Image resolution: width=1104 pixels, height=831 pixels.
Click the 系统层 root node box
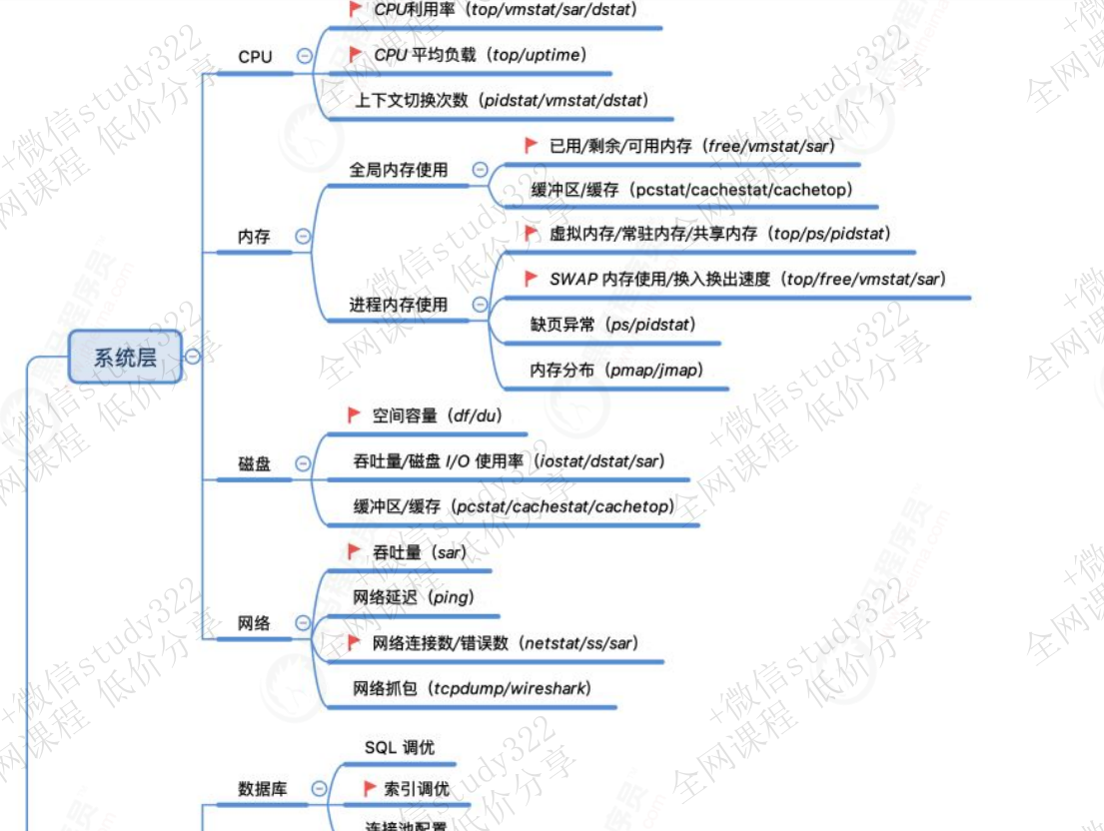[x=125, y=357]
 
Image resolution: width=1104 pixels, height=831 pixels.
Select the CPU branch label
[x=255, y=57]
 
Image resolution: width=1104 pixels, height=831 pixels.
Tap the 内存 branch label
[x=254, y=237]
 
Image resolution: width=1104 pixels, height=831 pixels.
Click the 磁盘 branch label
[x=255, y=464]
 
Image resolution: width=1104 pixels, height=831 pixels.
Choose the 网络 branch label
[x=255, y=623]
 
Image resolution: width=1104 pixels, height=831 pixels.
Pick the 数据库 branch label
[x=263, y=788]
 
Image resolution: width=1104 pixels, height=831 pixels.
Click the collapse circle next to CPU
[x=304, y=57]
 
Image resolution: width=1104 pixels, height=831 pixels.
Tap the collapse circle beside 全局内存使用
[x=480, y=170]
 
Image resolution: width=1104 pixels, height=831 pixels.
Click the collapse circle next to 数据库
[x=319, y=788]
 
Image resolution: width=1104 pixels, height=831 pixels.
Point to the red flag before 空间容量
[x=354, y=415]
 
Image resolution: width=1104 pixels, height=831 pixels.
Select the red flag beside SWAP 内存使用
[x=532, y=279]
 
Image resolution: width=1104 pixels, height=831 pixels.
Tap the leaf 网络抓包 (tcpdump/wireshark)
[x=472, y=688]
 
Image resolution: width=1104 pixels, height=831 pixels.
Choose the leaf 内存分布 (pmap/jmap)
[x=616, y=370]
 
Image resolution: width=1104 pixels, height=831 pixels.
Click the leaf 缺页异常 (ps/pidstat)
[x=612, y=324]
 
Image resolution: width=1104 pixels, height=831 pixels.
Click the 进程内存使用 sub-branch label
[x=399, y=305]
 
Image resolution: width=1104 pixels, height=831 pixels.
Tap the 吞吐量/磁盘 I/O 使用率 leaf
[x=509, y=460]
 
